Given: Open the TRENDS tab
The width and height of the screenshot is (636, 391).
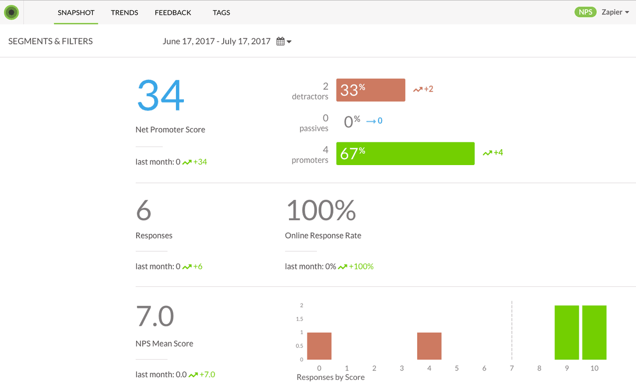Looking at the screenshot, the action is click(125, 13).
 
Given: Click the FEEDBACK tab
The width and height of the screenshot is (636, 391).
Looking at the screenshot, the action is click(173, 13).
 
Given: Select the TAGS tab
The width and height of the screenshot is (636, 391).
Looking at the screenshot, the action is click(221, 13).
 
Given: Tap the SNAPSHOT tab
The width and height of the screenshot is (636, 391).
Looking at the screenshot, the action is click(76, 13).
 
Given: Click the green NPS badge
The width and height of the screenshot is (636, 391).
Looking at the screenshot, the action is click(585, 12).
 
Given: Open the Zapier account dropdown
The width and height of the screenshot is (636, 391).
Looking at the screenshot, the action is click(615, 12).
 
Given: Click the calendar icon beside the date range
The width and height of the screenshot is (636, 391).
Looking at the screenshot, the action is click(280, 41).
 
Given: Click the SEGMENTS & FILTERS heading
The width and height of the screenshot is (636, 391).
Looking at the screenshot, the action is click(50, 41).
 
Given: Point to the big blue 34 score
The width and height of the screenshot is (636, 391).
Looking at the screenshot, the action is click(161, 95).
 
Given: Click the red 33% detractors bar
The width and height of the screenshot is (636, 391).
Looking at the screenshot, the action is click(370, 90).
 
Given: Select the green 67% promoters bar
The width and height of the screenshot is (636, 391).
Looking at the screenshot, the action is click(405, 153).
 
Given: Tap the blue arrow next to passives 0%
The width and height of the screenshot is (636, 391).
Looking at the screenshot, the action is click(371, 121).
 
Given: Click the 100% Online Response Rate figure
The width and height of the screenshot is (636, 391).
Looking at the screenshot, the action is click(321, 210).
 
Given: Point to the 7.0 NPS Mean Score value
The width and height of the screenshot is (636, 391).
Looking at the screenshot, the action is click(155, 316).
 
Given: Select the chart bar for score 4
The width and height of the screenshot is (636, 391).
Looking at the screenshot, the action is click(429, 346).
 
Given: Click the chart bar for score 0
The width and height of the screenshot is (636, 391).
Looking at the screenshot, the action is click(319, 346).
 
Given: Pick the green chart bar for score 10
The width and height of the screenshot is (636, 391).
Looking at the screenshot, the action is click(594, 332).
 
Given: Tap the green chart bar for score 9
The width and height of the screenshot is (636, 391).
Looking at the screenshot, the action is click(567, 332).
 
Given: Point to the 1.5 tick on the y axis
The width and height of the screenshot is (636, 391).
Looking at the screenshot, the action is click(299, 319).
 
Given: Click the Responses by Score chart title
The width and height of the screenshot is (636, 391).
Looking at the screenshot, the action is click(331, 377).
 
